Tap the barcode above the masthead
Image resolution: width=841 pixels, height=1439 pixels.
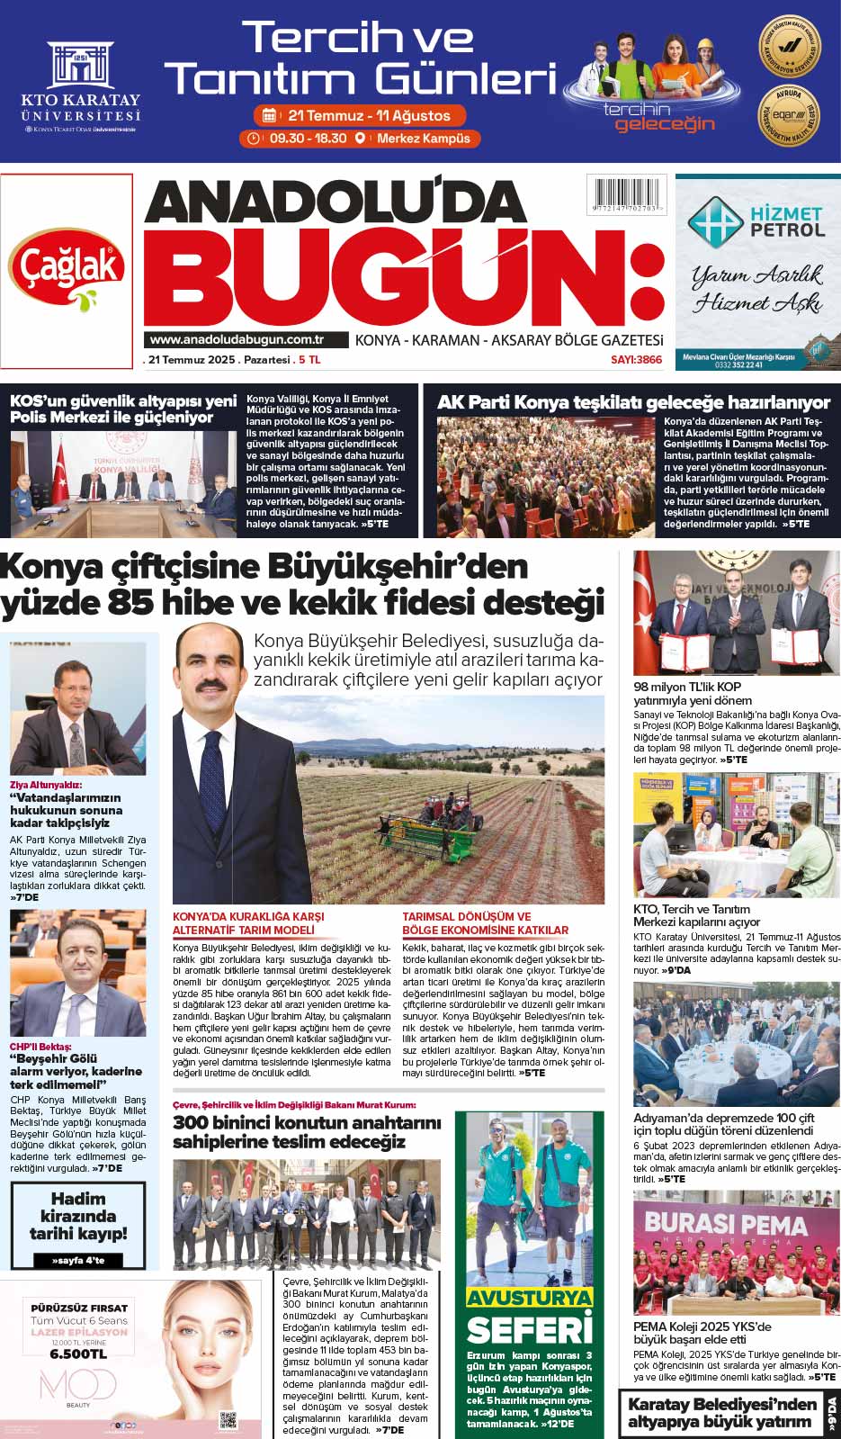(x=626, y=196)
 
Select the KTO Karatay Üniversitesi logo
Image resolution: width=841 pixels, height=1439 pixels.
(x=81, y=86)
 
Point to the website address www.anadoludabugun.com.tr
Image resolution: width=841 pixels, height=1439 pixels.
(x=237, y=339)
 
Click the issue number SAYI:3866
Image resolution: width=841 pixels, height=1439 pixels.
(x=636, y=360)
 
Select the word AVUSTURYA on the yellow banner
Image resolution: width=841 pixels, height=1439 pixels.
(x=529, y=1298)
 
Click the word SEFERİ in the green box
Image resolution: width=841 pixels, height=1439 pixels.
(x=529, y=1329)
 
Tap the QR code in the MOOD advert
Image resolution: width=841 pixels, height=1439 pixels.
(x=228, y=1421)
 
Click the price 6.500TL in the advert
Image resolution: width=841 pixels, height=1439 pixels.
(x=78, y=1354)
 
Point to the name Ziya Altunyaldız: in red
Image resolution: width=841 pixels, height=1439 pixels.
(x=46, y=784)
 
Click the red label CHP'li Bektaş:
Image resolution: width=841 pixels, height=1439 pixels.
(x=40, y=1047)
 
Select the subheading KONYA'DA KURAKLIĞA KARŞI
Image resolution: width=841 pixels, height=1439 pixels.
(x=248, y=916)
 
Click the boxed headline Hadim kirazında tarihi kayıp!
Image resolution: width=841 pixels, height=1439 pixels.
(x=78, y=1216)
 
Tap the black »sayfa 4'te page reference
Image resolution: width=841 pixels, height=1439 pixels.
(x=78, y=1261)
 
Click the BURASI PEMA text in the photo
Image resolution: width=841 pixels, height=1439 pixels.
(x=726, y=1225)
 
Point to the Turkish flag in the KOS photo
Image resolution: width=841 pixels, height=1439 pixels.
(x=61, y=472)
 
